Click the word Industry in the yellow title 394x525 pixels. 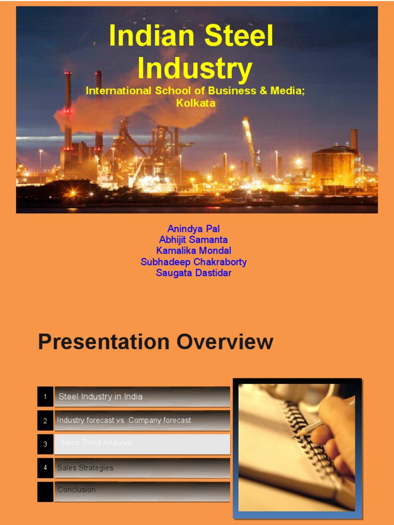195,69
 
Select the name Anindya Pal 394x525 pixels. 193,229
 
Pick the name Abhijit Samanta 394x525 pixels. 193,240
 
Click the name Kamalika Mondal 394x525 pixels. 193,251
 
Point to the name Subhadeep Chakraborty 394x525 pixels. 193,262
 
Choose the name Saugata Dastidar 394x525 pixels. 193,273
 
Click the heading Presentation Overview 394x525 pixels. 155,342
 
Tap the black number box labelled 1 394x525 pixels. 45,397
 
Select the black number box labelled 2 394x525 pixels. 45,420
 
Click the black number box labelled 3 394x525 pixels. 45,444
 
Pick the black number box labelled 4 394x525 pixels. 45,468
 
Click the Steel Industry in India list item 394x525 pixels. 142,397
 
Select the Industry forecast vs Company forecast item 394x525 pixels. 142,420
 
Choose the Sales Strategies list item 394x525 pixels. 142,468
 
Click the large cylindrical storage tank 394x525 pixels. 334,167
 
